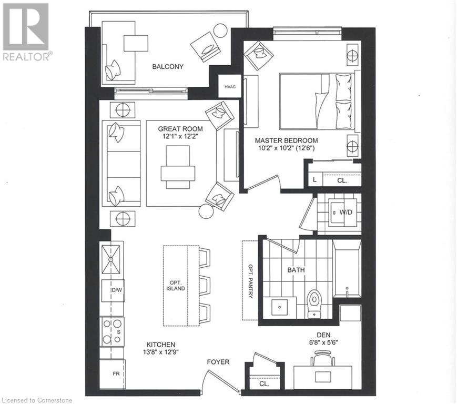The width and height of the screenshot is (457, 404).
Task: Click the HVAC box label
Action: pos(230,86)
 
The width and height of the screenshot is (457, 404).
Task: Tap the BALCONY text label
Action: pos(168,66)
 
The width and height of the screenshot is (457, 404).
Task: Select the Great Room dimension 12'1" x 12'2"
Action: pos(181,136)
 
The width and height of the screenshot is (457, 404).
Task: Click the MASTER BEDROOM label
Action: pos(286,140)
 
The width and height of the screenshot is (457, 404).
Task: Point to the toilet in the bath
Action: pos(314,304)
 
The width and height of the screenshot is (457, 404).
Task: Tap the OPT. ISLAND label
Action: pos(176,285)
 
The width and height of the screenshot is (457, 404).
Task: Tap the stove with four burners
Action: pos(112,331)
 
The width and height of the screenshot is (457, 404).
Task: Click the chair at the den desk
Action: pos(322,359)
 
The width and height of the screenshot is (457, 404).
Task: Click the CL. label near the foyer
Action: pos(264,383)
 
